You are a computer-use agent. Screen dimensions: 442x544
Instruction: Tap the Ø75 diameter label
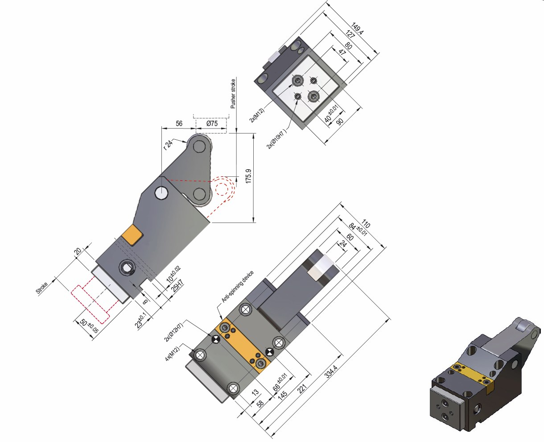tap(212, 124)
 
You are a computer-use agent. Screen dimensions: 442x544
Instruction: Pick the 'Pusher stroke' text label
tap(233, 94)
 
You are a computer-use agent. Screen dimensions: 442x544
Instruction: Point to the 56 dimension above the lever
tap(179, 124)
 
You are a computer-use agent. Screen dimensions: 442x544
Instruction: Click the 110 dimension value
tap(366, 223)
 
